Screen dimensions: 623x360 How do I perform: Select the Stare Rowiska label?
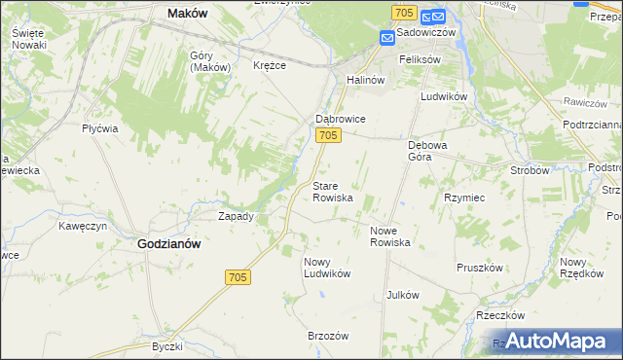[332, 191]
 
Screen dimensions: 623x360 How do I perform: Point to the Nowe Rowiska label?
[390, 235]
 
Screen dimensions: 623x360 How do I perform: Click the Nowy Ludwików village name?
[326, 267]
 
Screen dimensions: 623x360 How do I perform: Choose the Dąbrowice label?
[339, 119]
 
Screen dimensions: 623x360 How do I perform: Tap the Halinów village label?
[367, 80]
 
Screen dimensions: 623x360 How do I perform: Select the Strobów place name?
[531, 169]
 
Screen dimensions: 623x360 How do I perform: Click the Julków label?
[402, 294]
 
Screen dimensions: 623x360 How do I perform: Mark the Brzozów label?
[328, 335]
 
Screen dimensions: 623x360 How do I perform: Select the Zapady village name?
[236, 216]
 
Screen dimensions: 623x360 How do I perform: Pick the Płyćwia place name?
[99, 128]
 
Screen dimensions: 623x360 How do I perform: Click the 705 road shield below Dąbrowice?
[328, 136]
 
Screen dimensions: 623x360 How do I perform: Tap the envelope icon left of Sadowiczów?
[387, 37]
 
